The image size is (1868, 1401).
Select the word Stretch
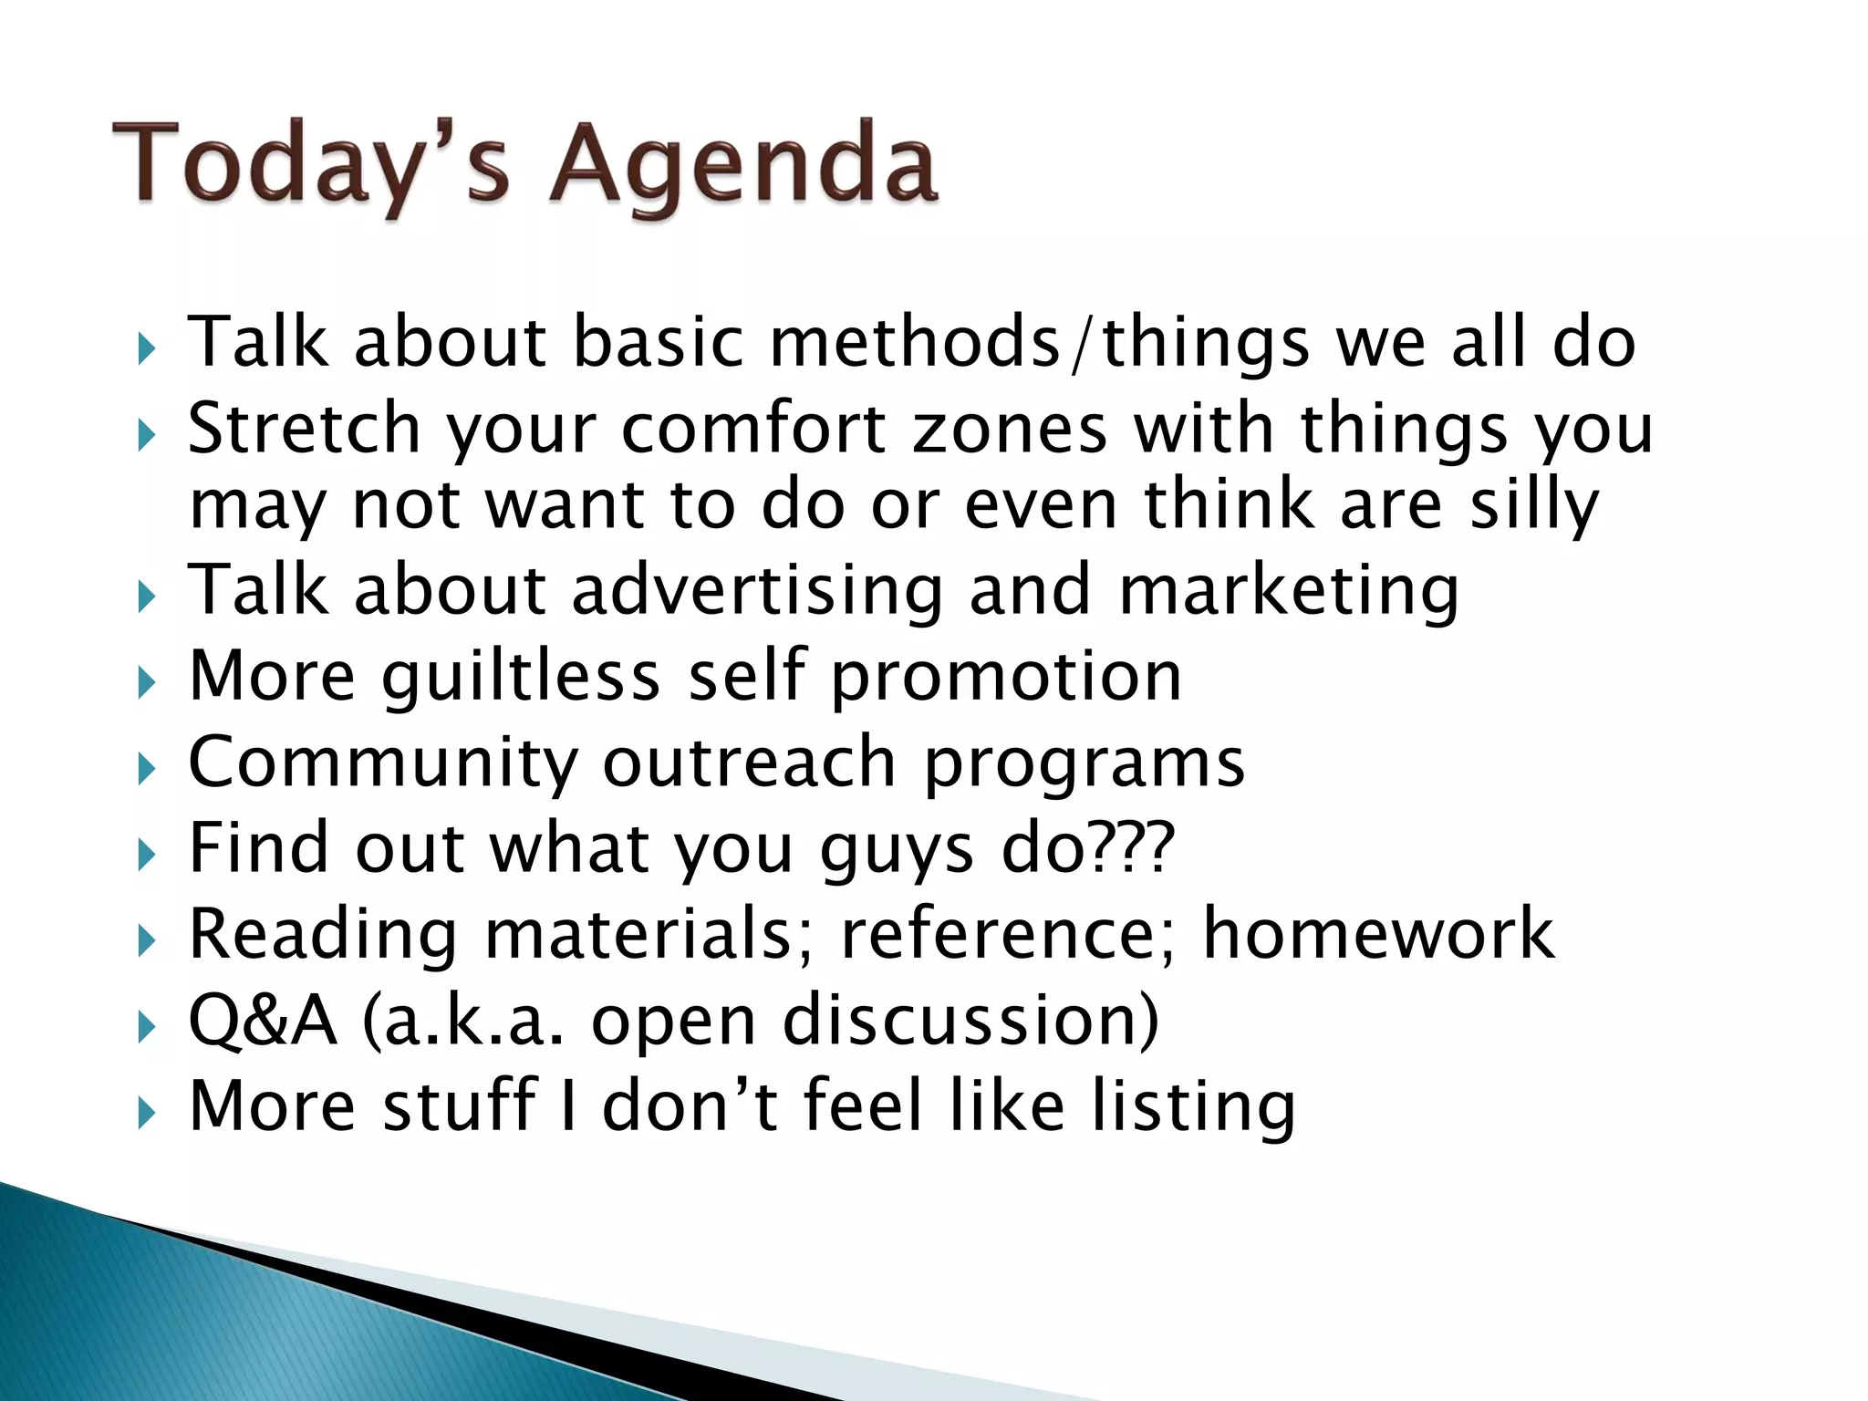(x=304, y=428)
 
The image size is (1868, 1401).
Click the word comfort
(x=753, y=428)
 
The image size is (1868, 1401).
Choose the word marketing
(x=1289, y=591)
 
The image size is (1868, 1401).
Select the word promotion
(x=1006, y=678)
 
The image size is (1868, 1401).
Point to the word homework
(x=1378, y=934)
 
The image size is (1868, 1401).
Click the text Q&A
(x=263, y=1020)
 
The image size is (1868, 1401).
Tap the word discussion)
(x=970, y=1020)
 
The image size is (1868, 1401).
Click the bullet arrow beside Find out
(x=147, y=855)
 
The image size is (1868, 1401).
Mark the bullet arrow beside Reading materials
(x=147, y=940)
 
